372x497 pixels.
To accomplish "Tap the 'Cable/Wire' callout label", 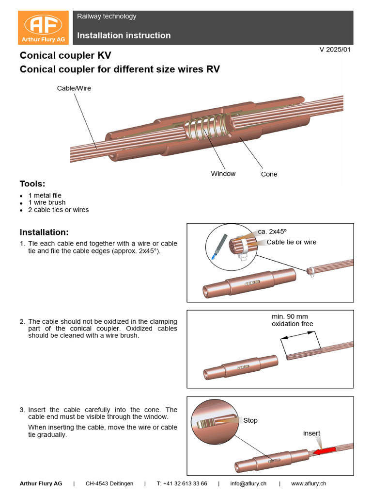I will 74,88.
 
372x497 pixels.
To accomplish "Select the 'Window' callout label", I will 223,174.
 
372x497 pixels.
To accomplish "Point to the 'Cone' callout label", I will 269,174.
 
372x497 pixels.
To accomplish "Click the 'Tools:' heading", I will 32,184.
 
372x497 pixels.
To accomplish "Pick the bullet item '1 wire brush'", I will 47,202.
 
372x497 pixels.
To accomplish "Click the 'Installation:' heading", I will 44,232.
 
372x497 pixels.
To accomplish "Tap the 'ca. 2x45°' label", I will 276,232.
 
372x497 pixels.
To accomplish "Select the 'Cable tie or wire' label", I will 291,242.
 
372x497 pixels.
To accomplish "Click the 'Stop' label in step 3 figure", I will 250,420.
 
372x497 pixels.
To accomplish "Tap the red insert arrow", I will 324,451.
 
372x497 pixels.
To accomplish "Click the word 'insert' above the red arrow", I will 311,433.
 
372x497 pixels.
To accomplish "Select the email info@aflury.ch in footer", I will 248,483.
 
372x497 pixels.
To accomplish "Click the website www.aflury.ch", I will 308,483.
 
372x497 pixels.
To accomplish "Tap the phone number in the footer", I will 182,483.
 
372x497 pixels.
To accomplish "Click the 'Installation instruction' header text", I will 124,35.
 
